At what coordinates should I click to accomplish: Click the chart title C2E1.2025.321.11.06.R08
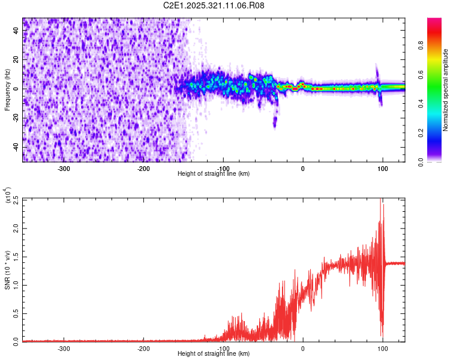pyautogui.click(x=214, y=5)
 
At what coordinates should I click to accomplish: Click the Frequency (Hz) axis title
pyautogui.click(x=7, y=90)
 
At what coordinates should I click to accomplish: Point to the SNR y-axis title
pyautogui.click(x=7, y=270)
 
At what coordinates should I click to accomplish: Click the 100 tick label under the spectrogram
pyautogui.click(x=382, y=169)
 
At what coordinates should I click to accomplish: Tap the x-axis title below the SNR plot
pyautogui.click(x=214, y=354)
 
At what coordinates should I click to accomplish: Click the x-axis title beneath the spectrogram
pyautogui.click(x=214, y=174)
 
